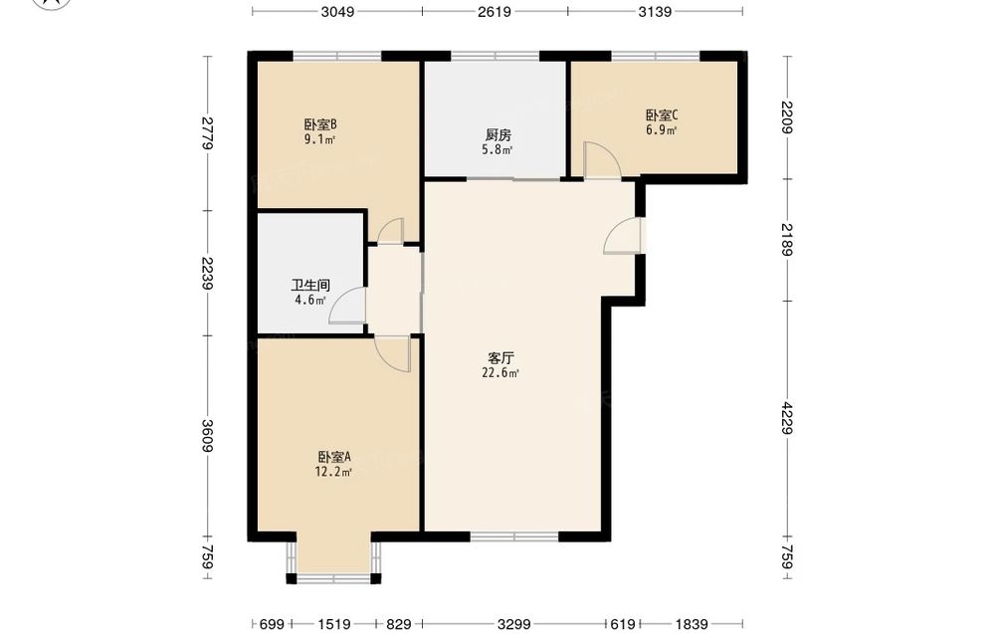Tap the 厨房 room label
tap(498, 135)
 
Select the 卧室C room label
tap(662, 115)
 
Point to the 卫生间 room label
tap(310, 285)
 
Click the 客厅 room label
tap(500, 358)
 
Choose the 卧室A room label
tap(333, 457)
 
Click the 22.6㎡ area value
tap(500, 373)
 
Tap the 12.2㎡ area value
tap(333, 472)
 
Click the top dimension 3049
tap(337, 11)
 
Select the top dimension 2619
tap(495, 11)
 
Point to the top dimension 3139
tap(655, 11)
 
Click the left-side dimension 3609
tap(207, 436)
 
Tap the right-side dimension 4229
tap(787, 418)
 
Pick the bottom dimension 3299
tap(514, 624)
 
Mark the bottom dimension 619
tap(623, 624)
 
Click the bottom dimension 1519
tap(334, 624)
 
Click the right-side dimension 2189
tap(787, 239)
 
